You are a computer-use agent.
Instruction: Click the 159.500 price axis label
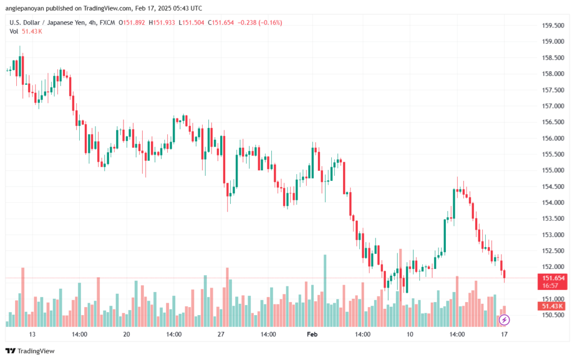click(x=553, y=25)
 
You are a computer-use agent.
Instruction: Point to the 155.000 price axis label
click(x=553, y=170)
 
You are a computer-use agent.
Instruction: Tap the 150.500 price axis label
click(x=553, y=315)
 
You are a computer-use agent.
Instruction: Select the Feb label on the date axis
click(x=312, y=334)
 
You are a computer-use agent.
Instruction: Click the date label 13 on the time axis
click(x=32, y=334)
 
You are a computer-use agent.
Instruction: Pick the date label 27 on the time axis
click(x=221, y=334)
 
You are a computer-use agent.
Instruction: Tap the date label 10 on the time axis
click(x=409, y=334)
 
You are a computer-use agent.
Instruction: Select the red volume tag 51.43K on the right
click(x=553, y=306)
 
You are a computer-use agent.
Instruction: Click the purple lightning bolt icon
click(x=504, y=320)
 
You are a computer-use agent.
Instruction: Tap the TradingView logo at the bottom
click(x=30, y=351)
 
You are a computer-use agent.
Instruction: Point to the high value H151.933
click(x=162, y=22)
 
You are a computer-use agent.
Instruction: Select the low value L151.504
click(x=191, y=22)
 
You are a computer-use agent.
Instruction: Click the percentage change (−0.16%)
click(x=270, y=22)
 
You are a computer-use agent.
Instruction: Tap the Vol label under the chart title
click(x=13, y=31)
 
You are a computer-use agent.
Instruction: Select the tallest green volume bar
click(x=325, y=290)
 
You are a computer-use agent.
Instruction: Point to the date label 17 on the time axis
click(x=504, y=334)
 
